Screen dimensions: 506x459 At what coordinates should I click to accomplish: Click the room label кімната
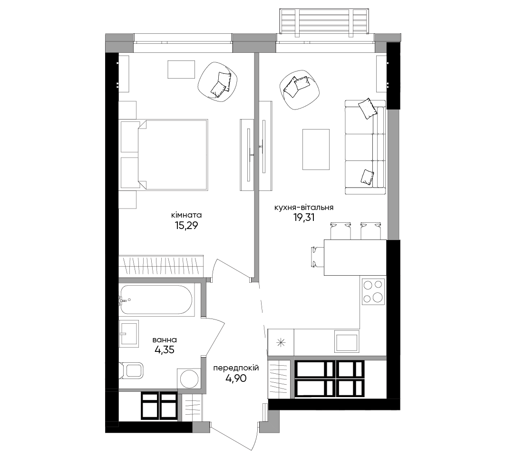186,215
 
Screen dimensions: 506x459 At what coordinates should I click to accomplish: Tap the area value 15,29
186,226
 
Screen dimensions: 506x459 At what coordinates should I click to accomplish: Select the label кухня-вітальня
304,208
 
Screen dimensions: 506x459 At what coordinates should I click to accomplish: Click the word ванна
165,340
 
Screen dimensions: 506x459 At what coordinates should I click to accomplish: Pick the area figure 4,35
165,349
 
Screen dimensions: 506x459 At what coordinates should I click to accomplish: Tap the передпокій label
236,368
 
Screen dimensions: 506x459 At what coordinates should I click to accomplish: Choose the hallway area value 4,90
236,378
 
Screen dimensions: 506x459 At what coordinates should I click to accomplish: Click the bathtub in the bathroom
156,300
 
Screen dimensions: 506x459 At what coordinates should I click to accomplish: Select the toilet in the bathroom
131,370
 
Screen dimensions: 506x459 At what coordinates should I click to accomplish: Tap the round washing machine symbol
189,379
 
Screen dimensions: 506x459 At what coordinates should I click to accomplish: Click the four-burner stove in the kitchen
373,292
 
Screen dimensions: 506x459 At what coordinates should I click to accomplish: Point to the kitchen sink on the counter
347,341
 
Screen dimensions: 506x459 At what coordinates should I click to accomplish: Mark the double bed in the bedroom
164,154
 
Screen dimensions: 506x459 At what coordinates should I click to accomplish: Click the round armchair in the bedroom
218,82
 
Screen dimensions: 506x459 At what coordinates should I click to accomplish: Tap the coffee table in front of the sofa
316,149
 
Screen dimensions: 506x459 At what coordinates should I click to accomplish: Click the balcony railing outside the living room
324,21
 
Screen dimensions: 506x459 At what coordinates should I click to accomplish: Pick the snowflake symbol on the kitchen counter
281,343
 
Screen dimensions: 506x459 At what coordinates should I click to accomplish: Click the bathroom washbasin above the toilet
129,333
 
